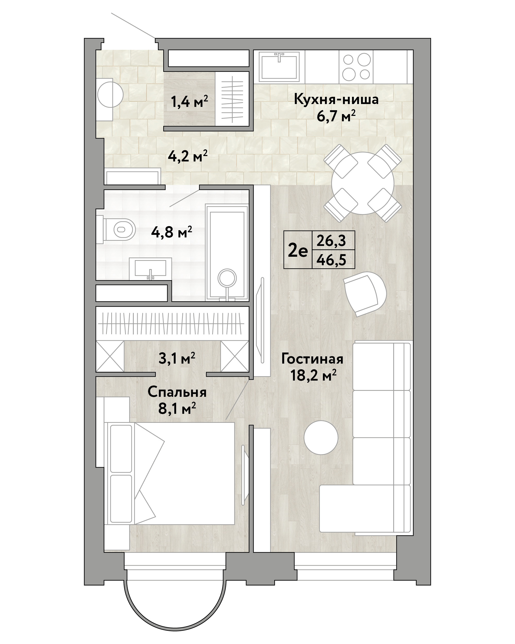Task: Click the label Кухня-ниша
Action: click(x=336, y=99)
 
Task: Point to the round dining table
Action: click(x=363, y=183)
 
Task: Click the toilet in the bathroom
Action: click(x=116, y=229)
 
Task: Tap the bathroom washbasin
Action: click(x=150, y=269)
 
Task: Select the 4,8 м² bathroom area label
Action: click(x=171, y=232)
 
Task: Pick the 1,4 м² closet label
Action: click(x=189, y=101)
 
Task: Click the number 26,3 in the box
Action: click(x=331, y=241)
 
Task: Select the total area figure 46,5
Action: click(x=331, y=260)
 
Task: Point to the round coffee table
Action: click(x=321, y=437)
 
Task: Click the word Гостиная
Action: click(x=312, y=359)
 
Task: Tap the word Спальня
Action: click(x=177, y=392)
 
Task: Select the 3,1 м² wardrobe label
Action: click(x=177, y=358)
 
